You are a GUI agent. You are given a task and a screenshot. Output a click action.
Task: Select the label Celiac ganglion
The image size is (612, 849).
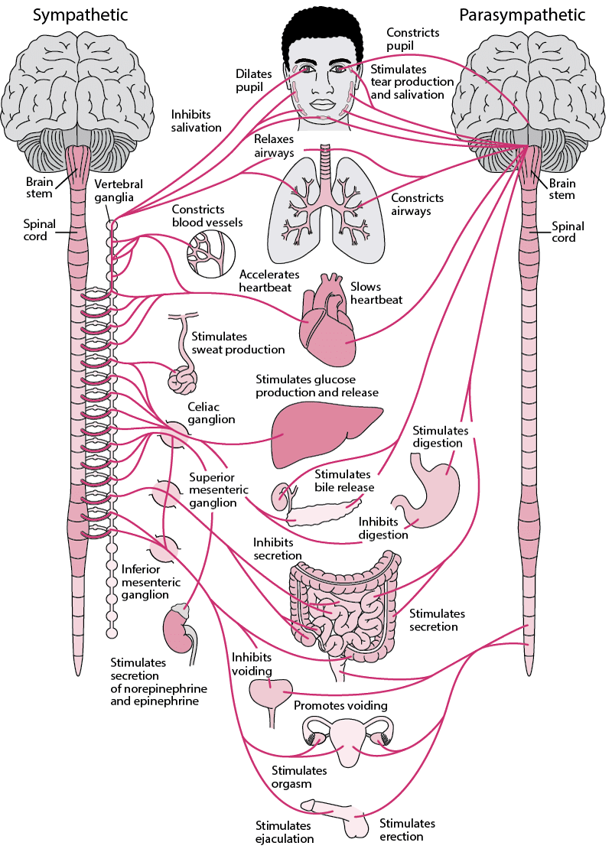211,414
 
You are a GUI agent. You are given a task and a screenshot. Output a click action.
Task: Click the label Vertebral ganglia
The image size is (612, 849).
119,191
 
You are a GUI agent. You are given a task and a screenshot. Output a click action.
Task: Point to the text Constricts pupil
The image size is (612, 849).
413,39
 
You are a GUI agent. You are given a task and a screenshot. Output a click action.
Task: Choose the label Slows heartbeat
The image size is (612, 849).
376,292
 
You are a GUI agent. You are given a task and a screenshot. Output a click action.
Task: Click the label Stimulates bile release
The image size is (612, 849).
344,480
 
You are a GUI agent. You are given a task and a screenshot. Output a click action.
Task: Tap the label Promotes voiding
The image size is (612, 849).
340,705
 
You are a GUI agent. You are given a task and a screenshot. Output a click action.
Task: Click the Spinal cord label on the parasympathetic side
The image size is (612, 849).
568,232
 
